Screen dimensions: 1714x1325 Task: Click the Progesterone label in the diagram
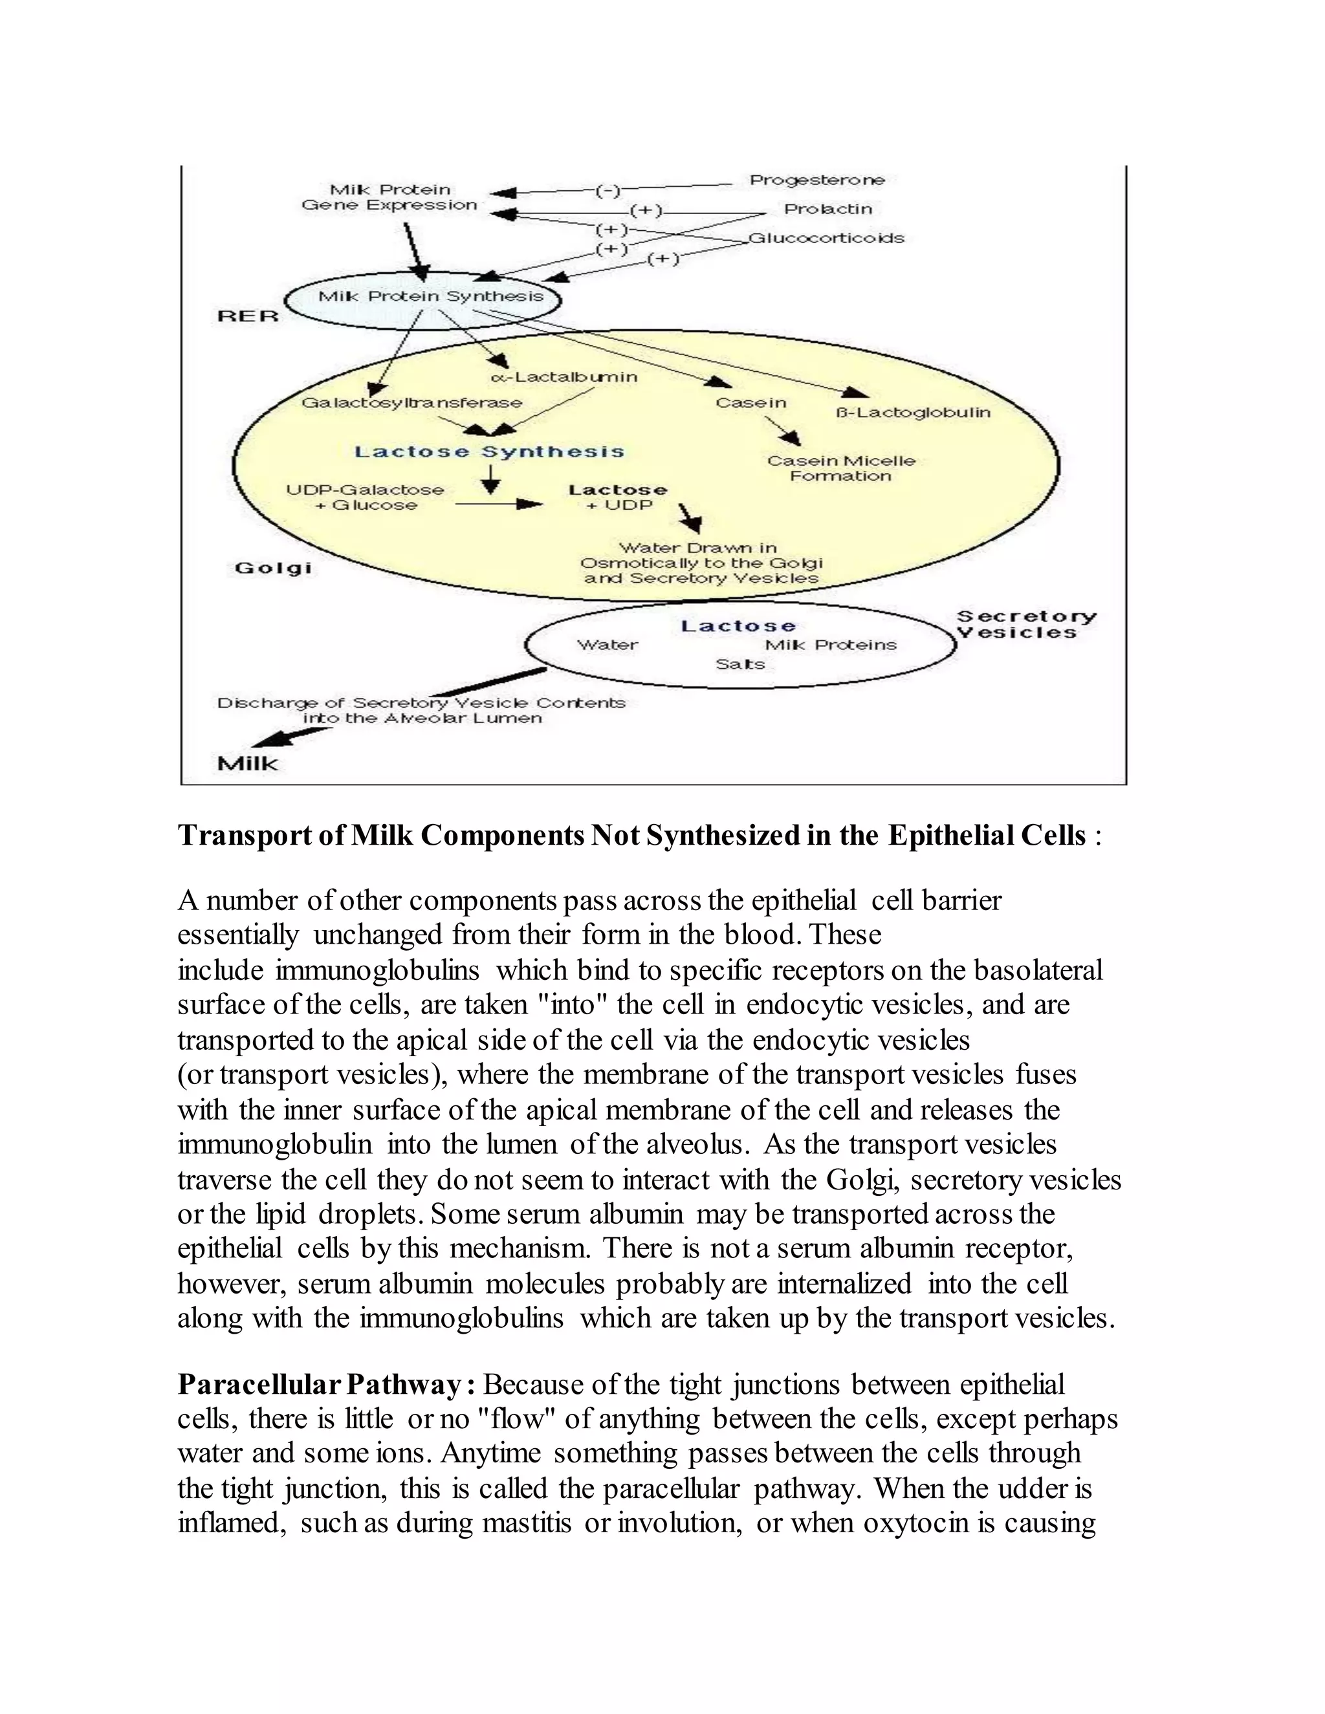pos(816,180)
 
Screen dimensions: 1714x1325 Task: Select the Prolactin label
pos(828,210)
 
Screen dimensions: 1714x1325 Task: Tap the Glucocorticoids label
pos(826,238)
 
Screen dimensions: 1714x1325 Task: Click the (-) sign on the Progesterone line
pos(608,191)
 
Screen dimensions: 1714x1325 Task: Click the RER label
pos(247,316)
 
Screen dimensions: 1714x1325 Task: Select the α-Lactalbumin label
pos(564,378)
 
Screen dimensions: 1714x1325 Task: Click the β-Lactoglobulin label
pos(913,413)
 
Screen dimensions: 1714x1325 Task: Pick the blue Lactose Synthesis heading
pos(489,452)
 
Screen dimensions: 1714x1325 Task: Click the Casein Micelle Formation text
pos(840,468)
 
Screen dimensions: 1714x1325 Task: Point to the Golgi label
pos(273,568)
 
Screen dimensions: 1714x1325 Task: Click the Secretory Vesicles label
pos(1025,625)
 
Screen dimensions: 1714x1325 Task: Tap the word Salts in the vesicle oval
pos(739,665)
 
